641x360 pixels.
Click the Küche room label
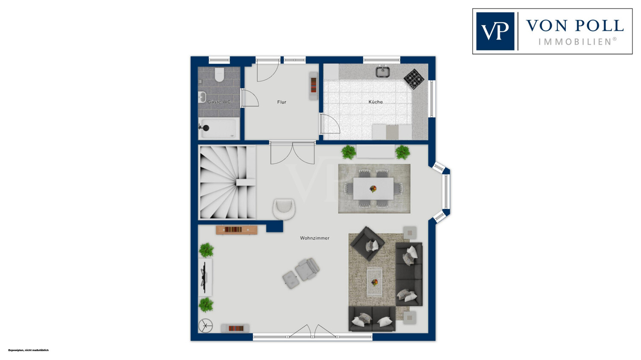376,102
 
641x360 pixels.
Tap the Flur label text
282,102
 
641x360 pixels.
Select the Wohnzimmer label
315,238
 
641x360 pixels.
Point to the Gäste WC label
219,102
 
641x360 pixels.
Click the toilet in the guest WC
220,74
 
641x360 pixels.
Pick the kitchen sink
383,71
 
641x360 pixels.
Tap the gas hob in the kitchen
414,79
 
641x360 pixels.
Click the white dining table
373,188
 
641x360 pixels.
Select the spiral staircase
227,182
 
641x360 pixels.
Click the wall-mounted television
204,277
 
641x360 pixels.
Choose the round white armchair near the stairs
284,209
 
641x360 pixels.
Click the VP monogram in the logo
495,31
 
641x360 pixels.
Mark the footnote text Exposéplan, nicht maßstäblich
28,350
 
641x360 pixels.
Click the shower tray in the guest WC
219,128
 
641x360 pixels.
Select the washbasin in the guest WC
202,97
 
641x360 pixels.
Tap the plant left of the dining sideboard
349,152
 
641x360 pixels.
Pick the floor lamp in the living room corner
206,325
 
